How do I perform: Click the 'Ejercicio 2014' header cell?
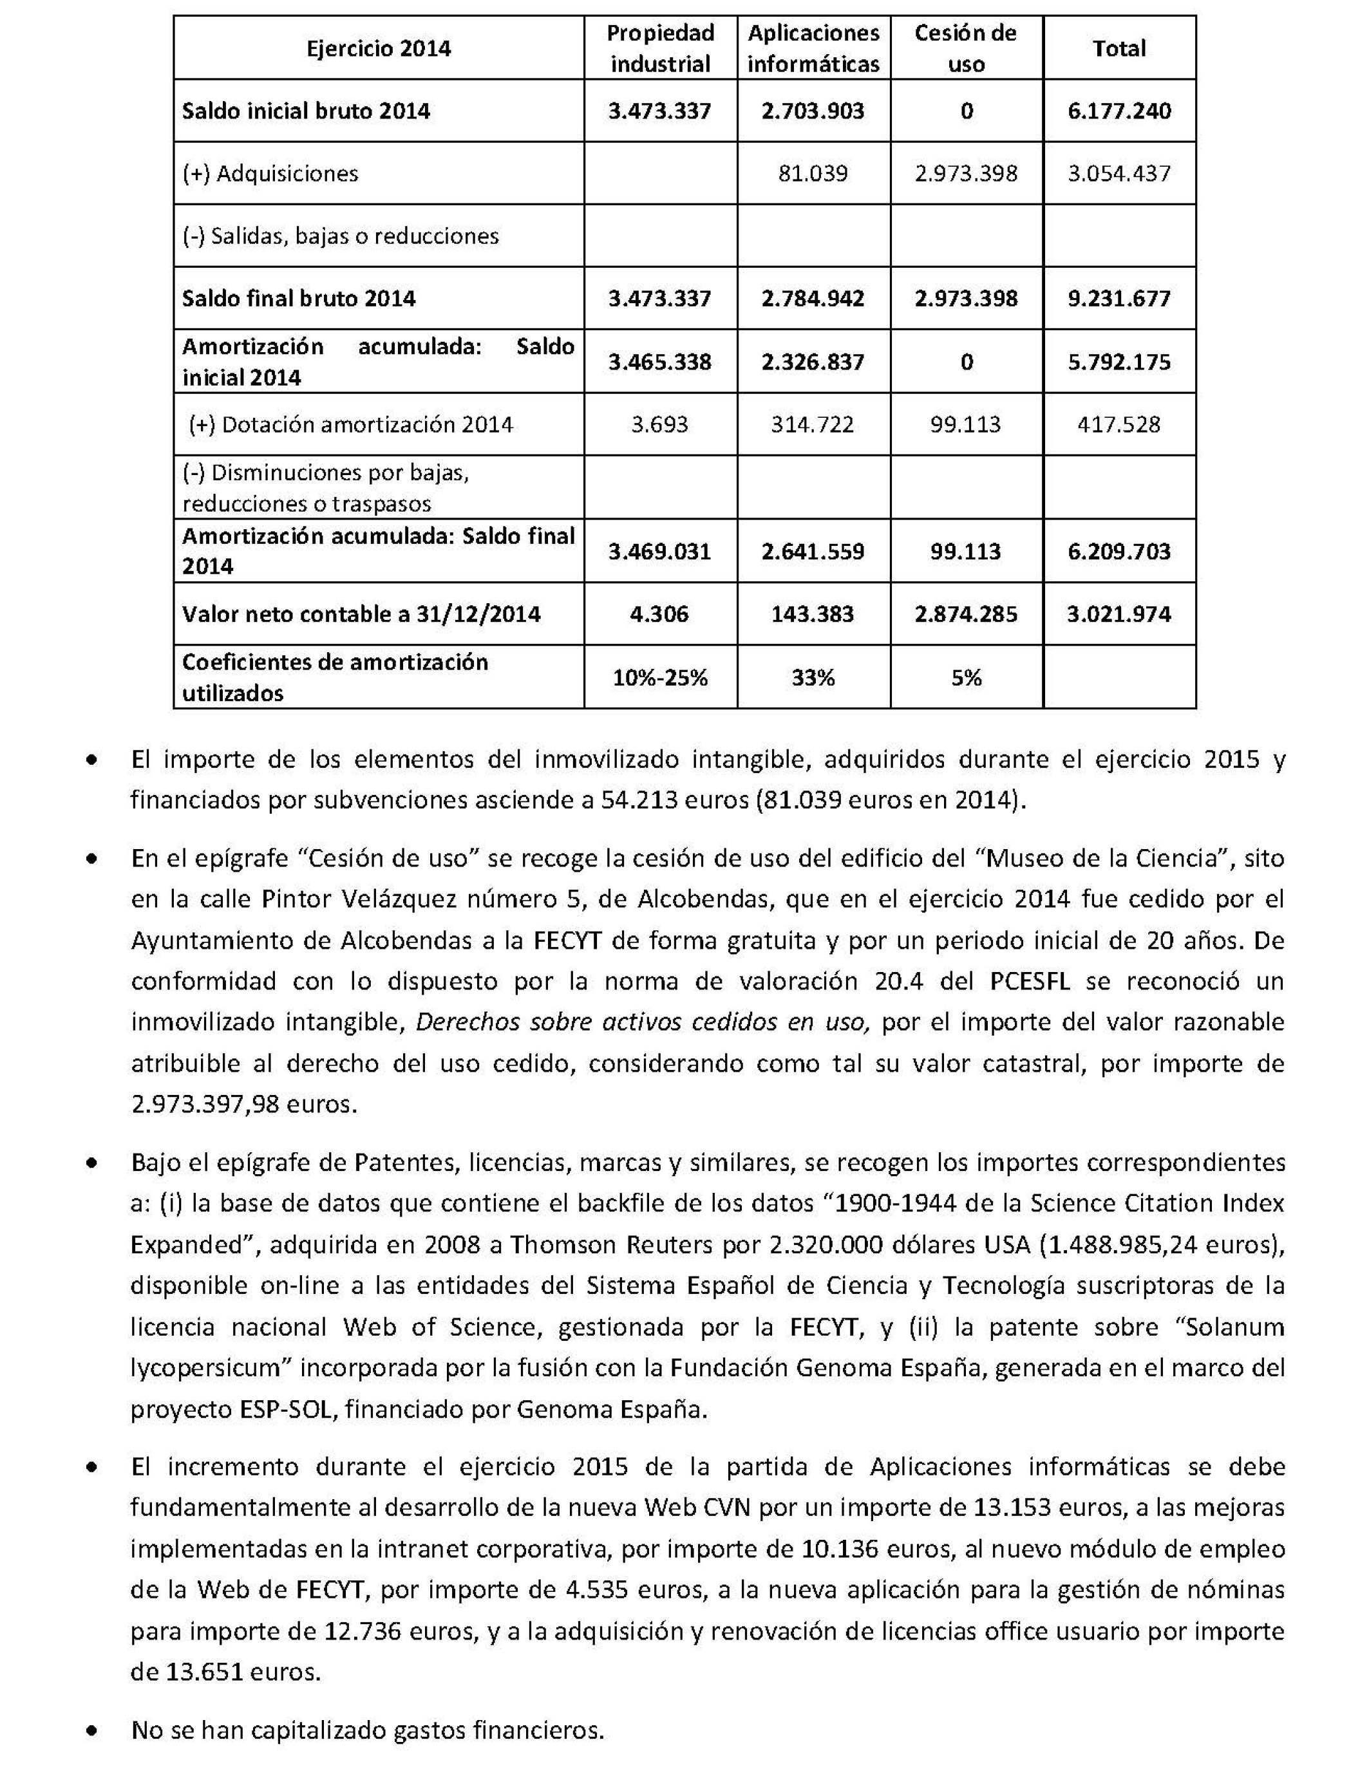pos(378,48)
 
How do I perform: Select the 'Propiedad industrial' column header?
pos(660,48)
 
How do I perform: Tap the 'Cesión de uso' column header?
pos(966,48)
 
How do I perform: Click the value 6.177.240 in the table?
pos(1119,111)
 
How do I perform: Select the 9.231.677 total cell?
pos(1119,298)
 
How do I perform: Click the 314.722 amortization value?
pos(813,424)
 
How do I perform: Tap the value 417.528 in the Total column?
pos(1119,424)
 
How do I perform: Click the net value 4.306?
pos(659,614)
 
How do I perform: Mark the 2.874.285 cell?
pos(966,614)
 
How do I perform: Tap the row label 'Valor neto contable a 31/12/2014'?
pos(361,614)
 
